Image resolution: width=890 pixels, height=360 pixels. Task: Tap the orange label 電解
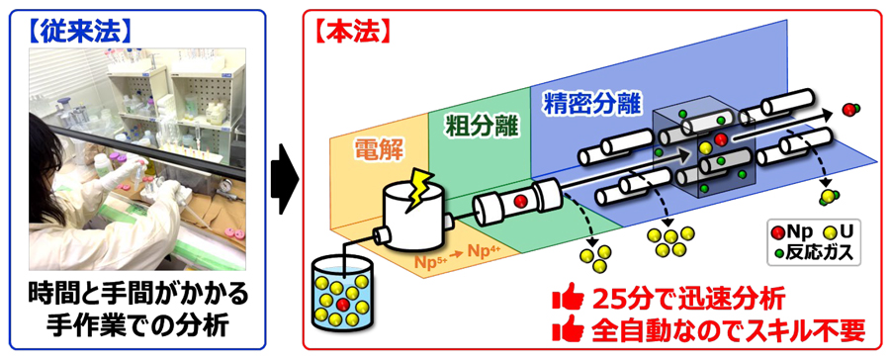[377, 147]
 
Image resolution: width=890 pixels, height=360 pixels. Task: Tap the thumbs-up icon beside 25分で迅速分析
[573, 295]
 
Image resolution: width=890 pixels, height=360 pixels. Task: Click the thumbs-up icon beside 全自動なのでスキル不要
[573, 327]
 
